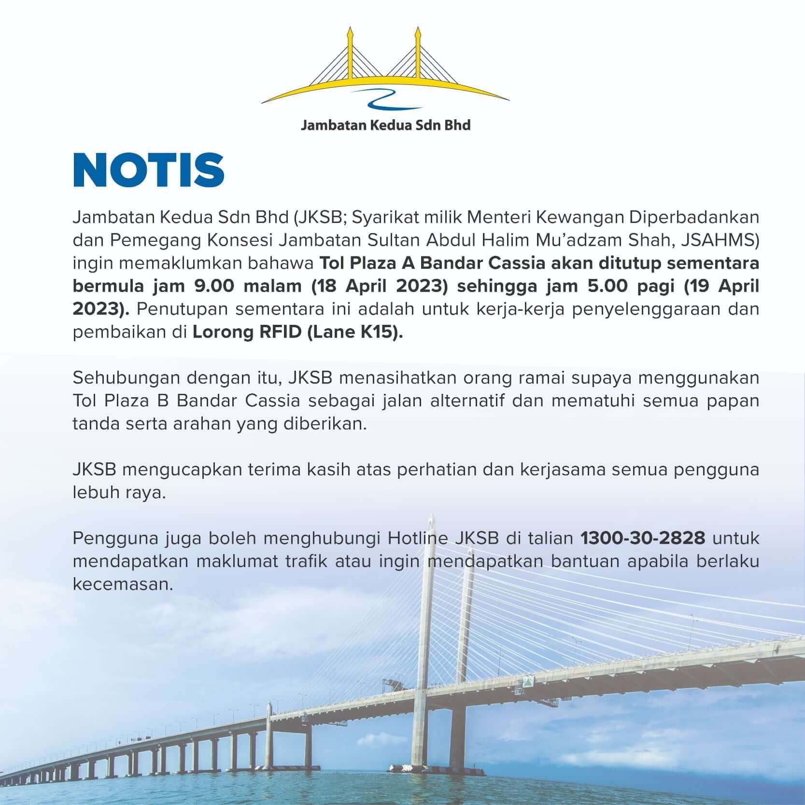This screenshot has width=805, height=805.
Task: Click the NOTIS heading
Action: click(149, 170)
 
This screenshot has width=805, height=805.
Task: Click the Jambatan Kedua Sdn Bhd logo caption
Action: click(385, 125)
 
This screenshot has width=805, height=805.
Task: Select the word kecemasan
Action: click(123, 584)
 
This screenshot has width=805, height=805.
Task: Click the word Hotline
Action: click(418, 538)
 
